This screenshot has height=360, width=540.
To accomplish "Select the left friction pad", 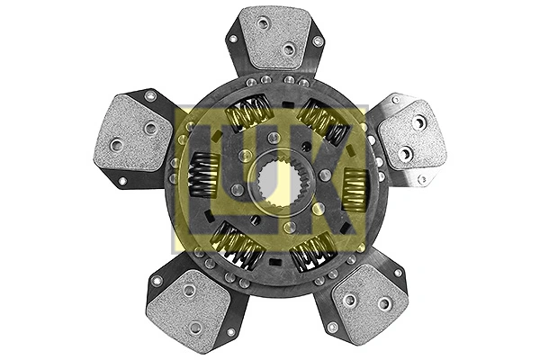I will pos(132,135).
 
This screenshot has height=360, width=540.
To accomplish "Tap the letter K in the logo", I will pos(337,180).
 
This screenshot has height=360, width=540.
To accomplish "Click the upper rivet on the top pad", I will pos(264,23).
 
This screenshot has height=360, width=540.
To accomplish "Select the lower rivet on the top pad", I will pos(288,50).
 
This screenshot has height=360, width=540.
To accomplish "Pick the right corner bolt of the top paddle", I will pos(317,40).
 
